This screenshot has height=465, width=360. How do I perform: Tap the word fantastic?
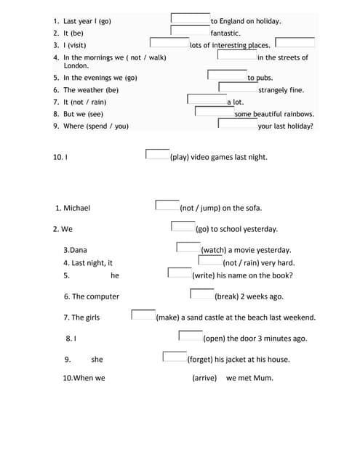tap(225, 33)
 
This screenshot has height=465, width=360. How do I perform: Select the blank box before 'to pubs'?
tap(227, 75)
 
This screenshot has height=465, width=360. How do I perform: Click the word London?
tap(76, 66)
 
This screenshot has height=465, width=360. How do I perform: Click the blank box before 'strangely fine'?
tap(238, 86)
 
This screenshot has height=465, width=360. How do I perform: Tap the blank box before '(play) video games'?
tap(157, 154)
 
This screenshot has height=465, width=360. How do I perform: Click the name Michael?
tap(76, 208)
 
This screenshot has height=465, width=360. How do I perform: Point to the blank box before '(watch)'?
tap(188, 247)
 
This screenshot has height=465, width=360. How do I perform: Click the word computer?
tap(103, 296)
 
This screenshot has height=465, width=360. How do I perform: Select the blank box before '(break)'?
tap(201, 294)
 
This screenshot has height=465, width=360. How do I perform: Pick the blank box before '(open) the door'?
tap(190, 336)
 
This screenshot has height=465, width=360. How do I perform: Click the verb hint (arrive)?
tap(204, 378)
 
